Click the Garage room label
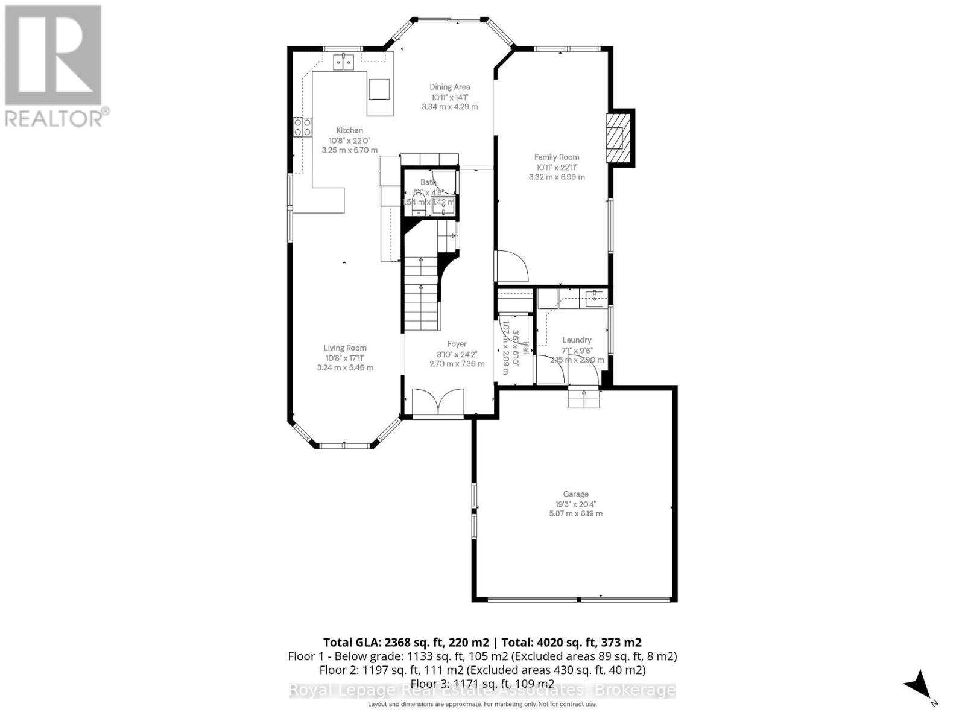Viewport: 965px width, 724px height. pyautogui.click(x=575, y=494)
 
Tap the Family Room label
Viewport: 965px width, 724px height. pyautogui.click(x=556, y=157)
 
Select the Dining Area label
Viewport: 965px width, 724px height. pyautogui.click(x=449, y=87)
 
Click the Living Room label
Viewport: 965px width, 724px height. pyautogui.click(x=344, y=348)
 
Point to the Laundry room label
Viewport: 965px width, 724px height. pyautogui.click(x=577, y=340)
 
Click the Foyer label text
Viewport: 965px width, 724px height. pyautogui.click(x=457, y=344)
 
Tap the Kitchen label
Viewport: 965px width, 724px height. pyautogui.click(x=349, y=130)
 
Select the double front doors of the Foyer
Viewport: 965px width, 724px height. pyautogui.click(x=438, y=402)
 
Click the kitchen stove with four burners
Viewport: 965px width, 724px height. pyautogui.click(x=302, y=127)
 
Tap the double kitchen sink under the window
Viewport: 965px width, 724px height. pyautogui.click(x=344, y=61)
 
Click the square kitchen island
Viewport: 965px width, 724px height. pyautogui.click(x=379, y=90)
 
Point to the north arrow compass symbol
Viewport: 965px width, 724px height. pyautogui.click(x=919, y=685)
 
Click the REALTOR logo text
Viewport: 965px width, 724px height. pyautogui.click(x=57, y=118)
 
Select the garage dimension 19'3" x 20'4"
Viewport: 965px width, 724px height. pyautogui.click(x=575, y=504)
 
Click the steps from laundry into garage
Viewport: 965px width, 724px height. pyautogui.click(x=584, y=399)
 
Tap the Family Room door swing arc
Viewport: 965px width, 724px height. pyautogui.click(x=512, y=265)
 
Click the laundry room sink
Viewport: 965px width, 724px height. pyautogui.click(x=595, y=297)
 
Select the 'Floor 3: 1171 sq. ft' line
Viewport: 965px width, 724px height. pyautogui.click(x=482, y=683)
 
